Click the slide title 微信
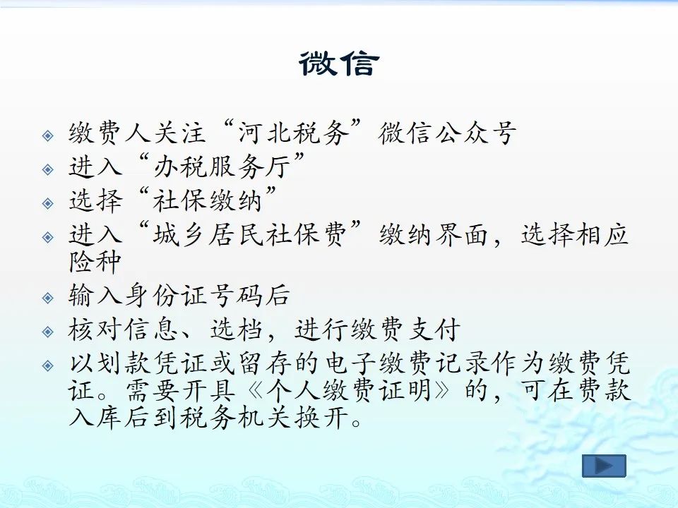339,64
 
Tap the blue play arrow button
604,466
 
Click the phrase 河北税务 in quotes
294,132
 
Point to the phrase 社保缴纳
208,200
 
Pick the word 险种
94,261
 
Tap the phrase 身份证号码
194,296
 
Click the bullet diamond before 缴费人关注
48,135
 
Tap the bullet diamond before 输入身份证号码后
48,298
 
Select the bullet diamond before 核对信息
48,332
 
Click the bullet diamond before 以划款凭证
48,366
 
